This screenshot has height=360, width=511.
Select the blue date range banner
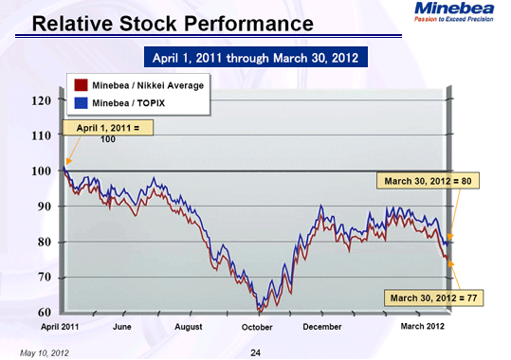(253, 58)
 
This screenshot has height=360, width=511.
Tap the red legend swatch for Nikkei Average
(80, 86)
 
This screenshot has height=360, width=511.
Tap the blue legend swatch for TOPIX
(80, 101)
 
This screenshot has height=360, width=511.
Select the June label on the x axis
(121, 327)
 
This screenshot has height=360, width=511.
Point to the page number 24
(255, 352)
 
